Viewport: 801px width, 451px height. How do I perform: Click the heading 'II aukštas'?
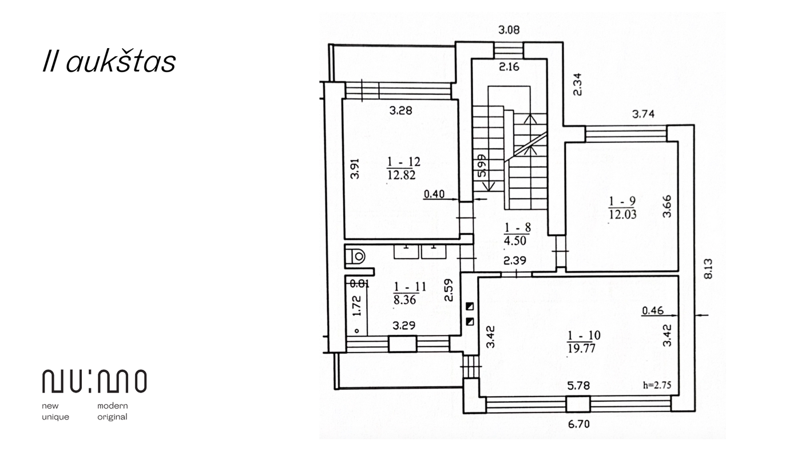point(109,61)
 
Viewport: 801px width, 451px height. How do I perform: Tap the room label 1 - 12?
point(403,161)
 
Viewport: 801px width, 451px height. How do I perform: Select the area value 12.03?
point(622,214)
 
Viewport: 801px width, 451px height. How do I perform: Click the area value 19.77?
point(581,348)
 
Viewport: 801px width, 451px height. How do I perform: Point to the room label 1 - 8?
point(517,227)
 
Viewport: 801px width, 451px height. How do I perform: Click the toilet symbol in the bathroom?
point(355,256)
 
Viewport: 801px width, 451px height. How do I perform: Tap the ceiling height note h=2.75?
point(657,385)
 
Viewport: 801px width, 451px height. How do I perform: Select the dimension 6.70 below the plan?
point(578,424)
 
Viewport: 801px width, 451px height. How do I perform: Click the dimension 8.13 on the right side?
point(708,268)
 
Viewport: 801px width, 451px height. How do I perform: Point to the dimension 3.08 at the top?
point(509,30)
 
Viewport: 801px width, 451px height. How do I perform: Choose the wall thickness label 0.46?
point(653,310)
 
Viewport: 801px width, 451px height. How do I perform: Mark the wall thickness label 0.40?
point(434,194)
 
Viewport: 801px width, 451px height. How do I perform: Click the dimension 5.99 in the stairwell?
point(482,165)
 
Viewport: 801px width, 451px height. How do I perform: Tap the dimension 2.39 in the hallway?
point(514,261)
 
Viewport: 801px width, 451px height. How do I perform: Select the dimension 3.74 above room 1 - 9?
point(643,114)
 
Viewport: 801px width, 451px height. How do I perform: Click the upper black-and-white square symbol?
point(470,307)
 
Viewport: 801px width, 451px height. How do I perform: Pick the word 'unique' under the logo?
point(55,417)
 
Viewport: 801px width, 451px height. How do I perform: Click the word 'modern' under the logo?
point(113,406)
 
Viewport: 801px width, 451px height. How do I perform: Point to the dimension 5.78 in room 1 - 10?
point(578,386)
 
